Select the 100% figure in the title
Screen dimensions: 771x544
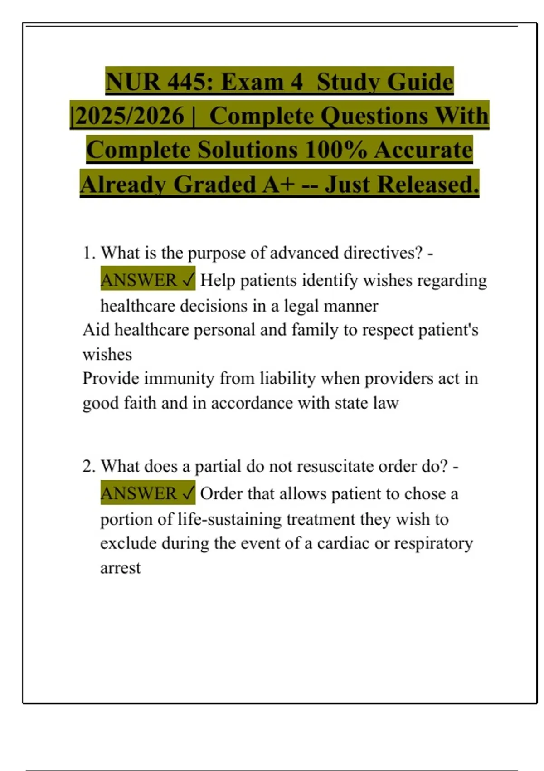[336, 150]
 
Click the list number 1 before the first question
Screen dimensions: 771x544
[87, 253]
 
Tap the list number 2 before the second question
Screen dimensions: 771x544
[87, 466]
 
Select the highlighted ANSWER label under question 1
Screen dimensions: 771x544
[139, 280]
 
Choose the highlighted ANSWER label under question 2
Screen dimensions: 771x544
[139, 493]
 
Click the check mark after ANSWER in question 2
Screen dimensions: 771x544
[189, 493]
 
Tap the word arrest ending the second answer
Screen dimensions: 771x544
[121, 568]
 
